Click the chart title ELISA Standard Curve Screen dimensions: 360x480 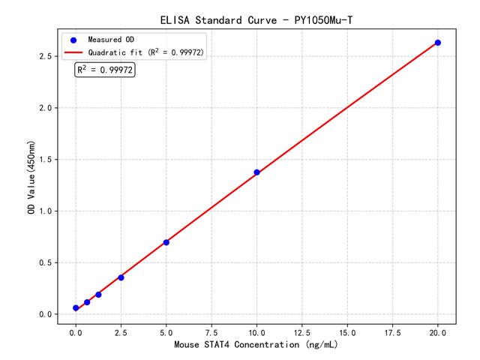[256, 19]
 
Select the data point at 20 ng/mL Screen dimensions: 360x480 [438, 43]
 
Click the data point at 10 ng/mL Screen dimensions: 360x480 [256, 172]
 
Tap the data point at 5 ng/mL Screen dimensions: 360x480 [166, 242]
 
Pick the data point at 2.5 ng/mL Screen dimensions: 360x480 [121, 277]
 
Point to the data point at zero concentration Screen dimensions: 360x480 [76, 308]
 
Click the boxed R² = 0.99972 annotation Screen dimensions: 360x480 [105, 70]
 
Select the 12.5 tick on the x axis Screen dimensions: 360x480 [302, 331]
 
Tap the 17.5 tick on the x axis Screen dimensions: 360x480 [393, 331]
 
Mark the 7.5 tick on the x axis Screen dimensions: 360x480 [211, 331]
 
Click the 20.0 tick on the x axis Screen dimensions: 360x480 [438, 331]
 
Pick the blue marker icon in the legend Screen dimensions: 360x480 [73, 39]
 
